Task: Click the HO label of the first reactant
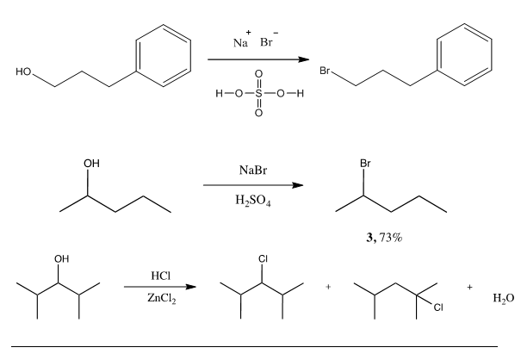point(23,71)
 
